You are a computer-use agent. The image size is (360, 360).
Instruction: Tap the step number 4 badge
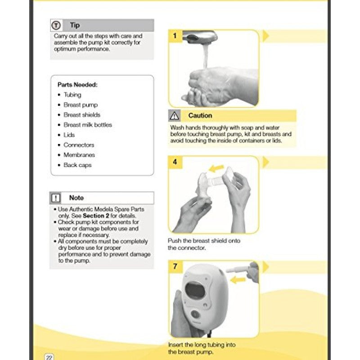tap(175, 162)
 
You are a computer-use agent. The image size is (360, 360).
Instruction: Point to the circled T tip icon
tap(56, 25)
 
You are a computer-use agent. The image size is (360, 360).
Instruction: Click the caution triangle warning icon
tap(175, 116)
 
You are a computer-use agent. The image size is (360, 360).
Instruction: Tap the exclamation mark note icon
tap(56, 198)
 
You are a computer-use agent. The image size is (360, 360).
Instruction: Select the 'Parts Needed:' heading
tap(77, 85)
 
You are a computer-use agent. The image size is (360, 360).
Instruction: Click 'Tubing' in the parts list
tap(72, 95)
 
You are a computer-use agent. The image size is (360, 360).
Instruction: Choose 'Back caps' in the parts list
tap(77, 165)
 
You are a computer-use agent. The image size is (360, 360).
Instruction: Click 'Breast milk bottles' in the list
tap(88, 125)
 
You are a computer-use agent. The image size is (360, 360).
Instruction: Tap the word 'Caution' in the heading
tap(200, 116)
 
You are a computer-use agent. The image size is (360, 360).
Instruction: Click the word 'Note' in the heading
tap(76, 198)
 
